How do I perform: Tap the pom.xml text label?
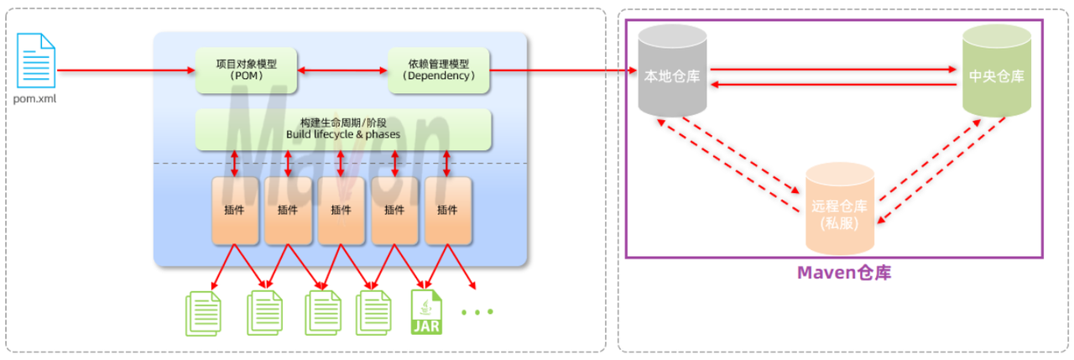click(x=35, y=98)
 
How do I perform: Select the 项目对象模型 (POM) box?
click(x=246, y=70)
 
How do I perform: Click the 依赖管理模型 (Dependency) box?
click(x=439, y=70)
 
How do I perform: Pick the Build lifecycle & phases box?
click(x=343, y=129)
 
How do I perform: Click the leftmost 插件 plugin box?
click(x=235, y=211)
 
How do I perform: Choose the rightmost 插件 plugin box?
click(x=448, y=211)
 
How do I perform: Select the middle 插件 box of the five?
click(x=341, y=211)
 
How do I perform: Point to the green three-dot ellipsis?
click(x=477, y=312)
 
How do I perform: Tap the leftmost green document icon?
click(x=202, y=311)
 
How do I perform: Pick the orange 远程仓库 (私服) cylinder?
click(x=840, y=210)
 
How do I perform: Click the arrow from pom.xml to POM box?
click(x=126, y=70)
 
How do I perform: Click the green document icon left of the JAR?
click(x=371, y=311)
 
